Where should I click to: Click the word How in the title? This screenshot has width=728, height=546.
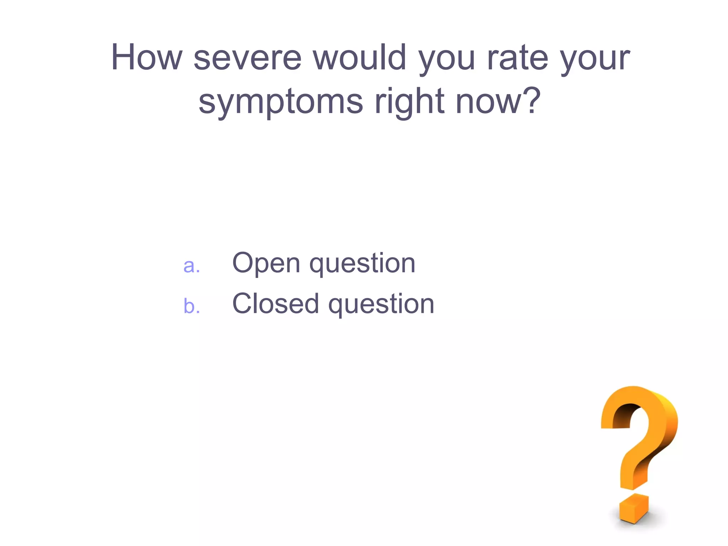tap(146, 58)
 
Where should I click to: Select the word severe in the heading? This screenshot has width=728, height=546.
tap(248, 58)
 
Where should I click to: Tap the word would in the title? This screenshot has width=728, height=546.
tap(360, 58)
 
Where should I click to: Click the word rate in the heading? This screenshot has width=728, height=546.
tap(518, 58)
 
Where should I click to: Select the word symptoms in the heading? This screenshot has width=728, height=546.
tap(281, 103)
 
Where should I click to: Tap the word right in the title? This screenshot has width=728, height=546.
tap(409, 103)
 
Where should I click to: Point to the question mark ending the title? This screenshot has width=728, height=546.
tap(530, 100)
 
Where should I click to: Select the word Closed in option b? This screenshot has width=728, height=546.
tap(275, 304)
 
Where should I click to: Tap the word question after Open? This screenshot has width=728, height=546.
tap(362, 265)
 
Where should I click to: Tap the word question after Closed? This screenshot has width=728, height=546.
tap(381, 306)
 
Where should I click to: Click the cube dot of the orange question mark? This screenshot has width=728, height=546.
tap(634, 508)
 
